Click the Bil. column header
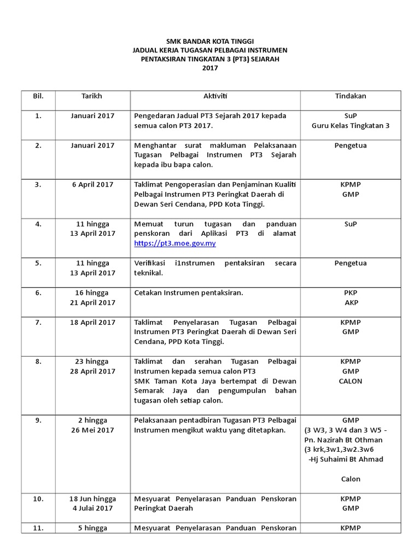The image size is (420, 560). [38, 96]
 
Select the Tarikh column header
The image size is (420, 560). [91, 96]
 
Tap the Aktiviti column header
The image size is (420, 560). [215, 96]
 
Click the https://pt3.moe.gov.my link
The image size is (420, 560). [175, 243]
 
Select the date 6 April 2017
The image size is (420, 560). [92, 184]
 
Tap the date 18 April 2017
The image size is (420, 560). [92, 322]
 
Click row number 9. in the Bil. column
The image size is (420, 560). [38, 421]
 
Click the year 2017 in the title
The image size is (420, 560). [210, 68]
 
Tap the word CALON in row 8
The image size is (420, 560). [351, 381]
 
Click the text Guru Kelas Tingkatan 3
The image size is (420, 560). [351, 126]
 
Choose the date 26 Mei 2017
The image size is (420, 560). [92, 430]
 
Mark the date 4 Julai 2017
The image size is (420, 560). [92, 508]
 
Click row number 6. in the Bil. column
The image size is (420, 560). [38, 293]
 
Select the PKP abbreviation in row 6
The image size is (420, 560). [351, 293]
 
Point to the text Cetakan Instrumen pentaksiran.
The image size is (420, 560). [189, 293]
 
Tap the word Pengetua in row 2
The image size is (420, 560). [351, 145]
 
